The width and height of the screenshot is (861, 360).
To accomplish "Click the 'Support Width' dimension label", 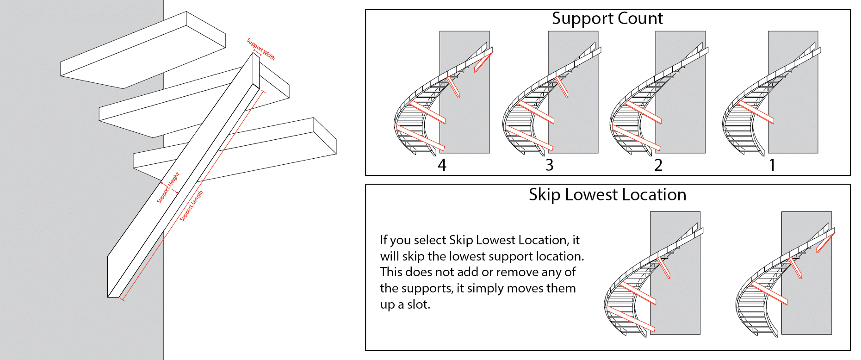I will pyautogui.click(x=261, y=49).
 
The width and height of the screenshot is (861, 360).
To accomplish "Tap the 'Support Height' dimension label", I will pyautogui.click(x=168, y=187).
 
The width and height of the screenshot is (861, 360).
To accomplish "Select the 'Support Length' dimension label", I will pyautogui.click(x=191, y=206).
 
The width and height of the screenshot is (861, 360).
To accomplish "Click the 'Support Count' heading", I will pyautogui.click(x=607, y=19).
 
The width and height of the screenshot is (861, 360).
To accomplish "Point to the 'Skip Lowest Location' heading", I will pyautogui.click(x=607, y=195).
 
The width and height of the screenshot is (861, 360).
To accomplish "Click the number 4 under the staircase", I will pyautogui.click(x=442, y=165).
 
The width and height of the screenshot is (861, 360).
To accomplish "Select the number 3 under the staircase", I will pyautogui.click(x=549, y=165).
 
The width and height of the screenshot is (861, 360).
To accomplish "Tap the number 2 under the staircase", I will pyautogui.click(x=658, y=165).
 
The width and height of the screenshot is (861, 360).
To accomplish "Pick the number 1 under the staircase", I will pyautogui.click(x=772, y=165).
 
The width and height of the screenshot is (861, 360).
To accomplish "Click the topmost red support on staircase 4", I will pyautogui.click(x=483, y=62).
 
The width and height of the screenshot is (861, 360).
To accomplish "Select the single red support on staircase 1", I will pyautogui.click(x=756, y=112).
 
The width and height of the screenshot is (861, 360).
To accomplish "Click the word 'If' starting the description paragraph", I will pyautogui.click(x=384, y=240).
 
